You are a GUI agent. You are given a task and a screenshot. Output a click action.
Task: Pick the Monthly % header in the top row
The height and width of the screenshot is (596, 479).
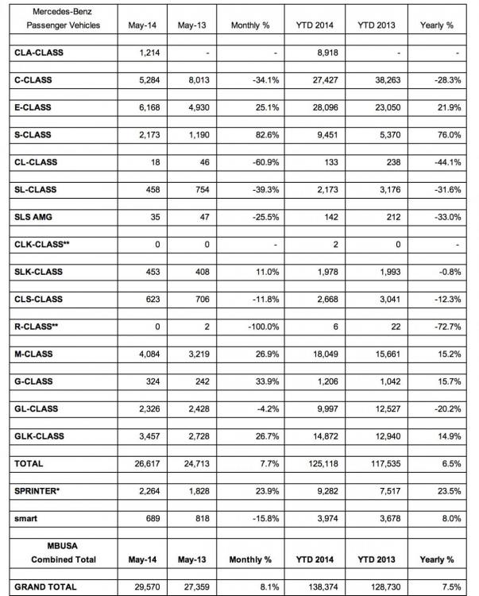pyautogui.click(x=250, y=25)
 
